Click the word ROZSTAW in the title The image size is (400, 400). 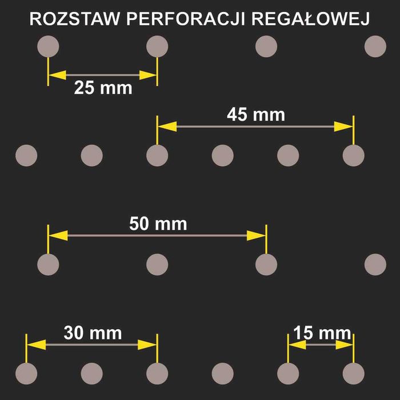[x=74, y=19]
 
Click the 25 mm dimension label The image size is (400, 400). [x=103, y=88]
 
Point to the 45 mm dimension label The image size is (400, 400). [x=255, y=114]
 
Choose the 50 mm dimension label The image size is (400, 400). [x=158, y=223]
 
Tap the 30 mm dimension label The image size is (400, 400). [x=93, y=333]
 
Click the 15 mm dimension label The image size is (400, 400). [x=322, y=333]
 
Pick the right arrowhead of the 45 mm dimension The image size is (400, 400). [x=344, y=126]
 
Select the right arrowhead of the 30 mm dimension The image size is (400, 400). [x=147, y=345]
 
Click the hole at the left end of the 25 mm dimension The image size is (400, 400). [x=48, y=46]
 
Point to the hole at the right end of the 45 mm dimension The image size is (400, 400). [x=354, y=155]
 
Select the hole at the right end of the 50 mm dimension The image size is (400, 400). [x=266, y=264]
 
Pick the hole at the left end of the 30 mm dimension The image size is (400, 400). [x=26, y=373]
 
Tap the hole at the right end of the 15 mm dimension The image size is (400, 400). [x=354, y=373]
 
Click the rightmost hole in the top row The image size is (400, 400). [x=375, y=46]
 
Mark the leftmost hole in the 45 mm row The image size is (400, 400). [x=26, y=155]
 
